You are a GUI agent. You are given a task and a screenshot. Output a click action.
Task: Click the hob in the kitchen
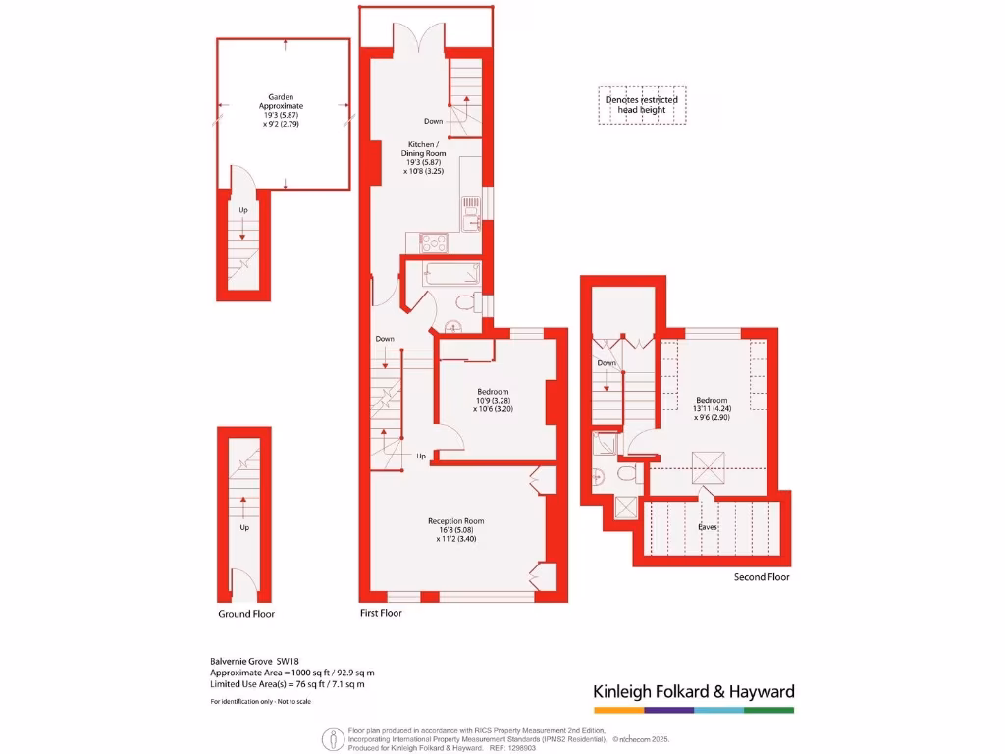coord(433,242)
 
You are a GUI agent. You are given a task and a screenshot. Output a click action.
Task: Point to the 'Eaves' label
coord(707,527)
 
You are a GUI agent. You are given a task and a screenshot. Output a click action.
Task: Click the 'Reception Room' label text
coord(455,521)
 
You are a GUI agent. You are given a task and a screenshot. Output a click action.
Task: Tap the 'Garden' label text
coord(282,97)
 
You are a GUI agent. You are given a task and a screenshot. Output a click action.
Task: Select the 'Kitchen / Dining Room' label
coord(423,148)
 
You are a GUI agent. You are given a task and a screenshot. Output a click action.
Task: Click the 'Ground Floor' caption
coord(246,614)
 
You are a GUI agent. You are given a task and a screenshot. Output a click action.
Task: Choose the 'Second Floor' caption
coord(762,577)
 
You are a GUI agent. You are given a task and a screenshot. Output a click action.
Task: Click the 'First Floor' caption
coord(381,613)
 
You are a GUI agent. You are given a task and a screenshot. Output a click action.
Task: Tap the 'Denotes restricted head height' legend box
coord(642,105)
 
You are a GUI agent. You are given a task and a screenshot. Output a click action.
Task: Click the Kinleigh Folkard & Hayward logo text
coord(693,692)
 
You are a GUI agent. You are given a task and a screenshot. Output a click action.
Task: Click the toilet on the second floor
coord(628,475)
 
